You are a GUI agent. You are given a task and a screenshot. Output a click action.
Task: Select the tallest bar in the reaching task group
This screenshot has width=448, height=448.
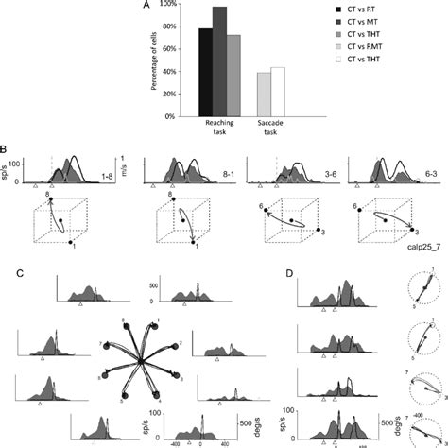(219, 61)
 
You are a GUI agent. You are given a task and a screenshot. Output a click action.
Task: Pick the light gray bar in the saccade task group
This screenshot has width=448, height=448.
(264, 95)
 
